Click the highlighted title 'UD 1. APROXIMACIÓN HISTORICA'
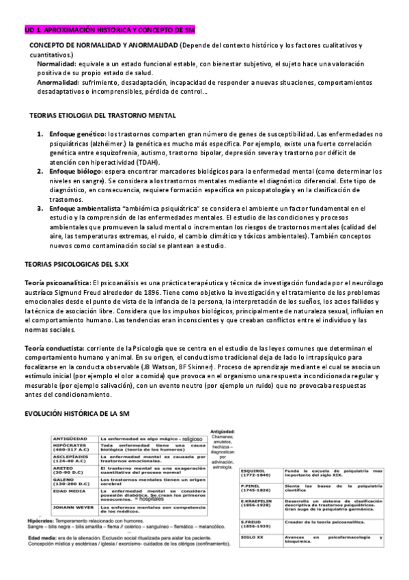[x=82, y=30]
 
